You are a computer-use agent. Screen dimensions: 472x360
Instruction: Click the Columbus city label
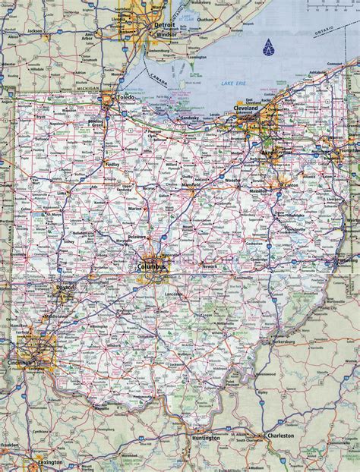pos(152,267)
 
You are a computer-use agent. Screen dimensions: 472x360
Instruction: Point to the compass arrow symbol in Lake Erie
pos(267,50)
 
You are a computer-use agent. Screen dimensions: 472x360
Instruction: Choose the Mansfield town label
pos(191,184)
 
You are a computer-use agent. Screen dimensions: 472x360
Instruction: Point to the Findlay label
pos(114,163)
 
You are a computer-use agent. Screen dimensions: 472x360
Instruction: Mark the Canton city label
pos(291,184)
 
